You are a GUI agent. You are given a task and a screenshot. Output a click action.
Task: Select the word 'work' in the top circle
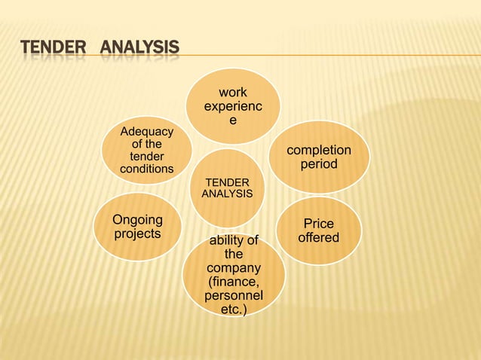tap(232, 93)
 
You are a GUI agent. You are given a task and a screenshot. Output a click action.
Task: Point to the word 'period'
tap(319, 163)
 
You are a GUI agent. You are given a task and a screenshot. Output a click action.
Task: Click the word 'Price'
tap(318, 224)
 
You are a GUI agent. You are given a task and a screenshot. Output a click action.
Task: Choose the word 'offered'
tap(318, 238)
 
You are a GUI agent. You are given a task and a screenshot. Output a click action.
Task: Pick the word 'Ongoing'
tap(137, 220)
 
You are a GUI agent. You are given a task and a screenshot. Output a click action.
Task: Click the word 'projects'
tap(137, 233)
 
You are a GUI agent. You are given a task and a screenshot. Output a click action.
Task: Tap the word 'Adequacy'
tap(146, 132)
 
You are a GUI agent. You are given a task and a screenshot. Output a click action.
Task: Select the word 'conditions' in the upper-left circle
tap(146, 169)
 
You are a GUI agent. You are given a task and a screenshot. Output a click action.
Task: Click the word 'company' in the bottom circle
tap(234, 268)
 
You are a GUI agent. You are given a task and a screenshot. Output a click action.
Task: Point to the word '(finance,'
tap(234, 282)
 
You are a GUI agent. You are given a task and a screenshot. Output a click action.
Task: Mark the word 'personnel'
tap(234, 296)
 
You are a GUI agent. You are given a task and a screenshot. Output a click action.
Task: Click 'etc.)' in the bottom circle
tap(233, 310)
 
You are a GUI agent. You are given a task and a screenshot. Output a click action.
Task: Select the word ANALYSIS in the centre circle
tap(227, 194)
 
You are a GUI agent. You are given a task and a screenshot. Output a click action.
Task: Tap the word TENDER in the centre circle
tap(228, 183)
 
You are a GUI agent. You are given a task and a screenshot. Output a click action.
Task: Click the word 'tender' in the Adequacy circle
tap(146, 157)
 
